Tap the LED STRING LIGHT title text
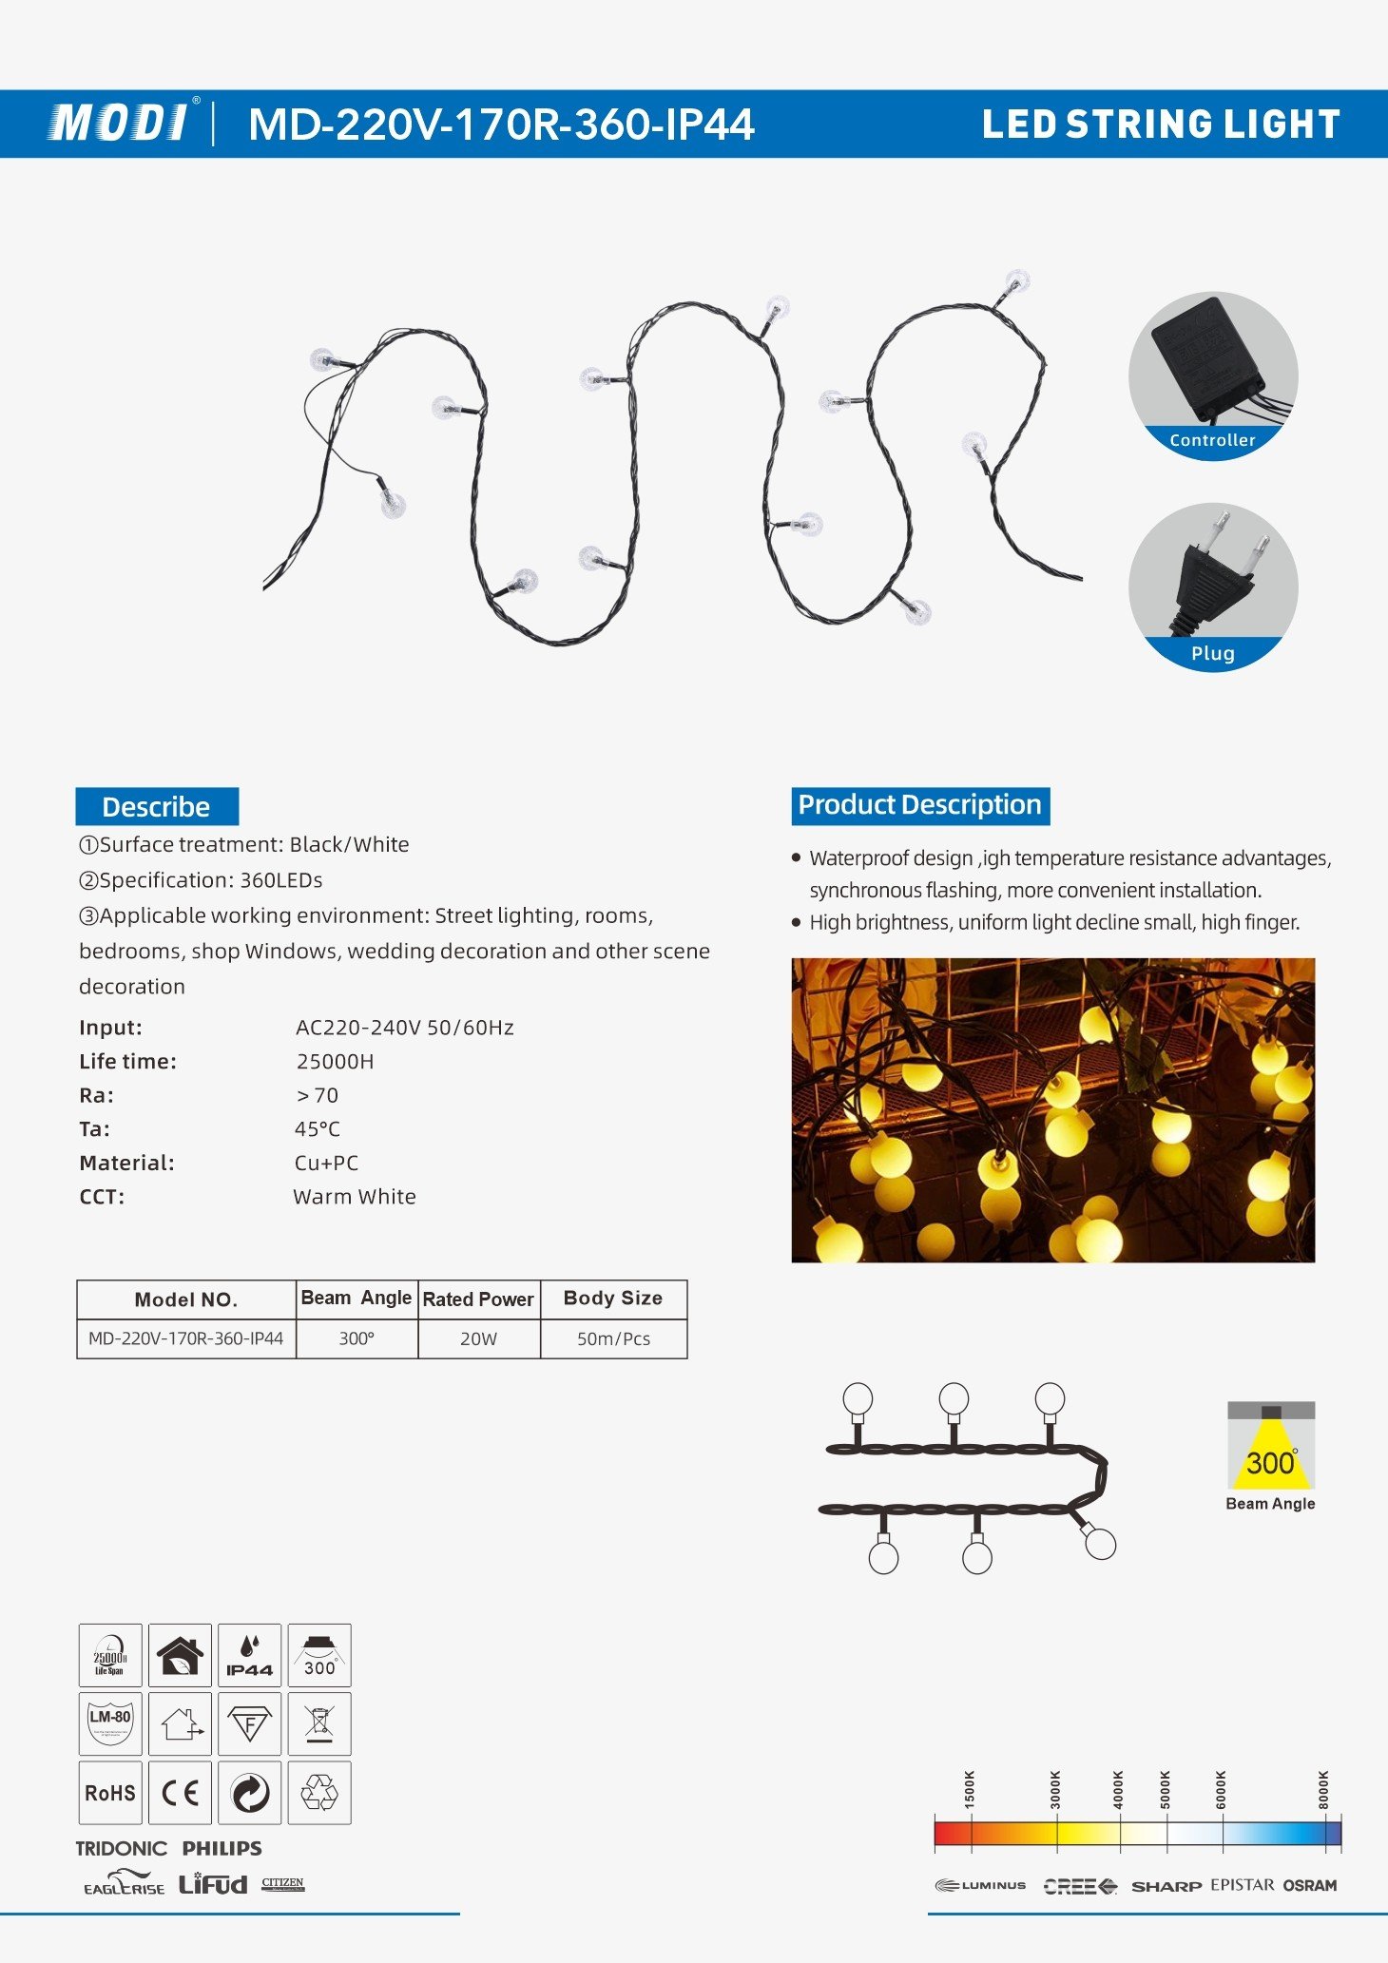(1160, 125)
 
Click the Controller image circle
(1213, 375)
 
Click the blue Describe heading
(157, 806)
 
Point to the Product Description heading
(919, 805)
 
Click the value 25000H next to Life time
(335, 1062)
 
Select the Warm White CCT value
(355, 1197)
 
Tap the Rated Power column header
(478, 1299)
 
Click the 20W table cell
(478, 1338)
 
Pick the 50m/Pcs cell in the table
(613, 1338)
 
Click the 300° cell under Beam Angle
(357, 1338)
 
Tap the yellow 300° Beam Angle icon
(1271, 1449)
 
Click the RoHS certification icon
(110, 1793)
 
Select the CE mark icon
(180, 1793)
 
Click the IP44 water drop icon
(249, 1656)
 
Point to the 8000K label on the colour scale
(1324, 1789)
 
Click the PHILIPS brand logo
(222, 1848)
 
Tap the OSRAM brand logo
(1310, 1885)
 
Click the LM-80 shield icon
(110, 1723)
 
